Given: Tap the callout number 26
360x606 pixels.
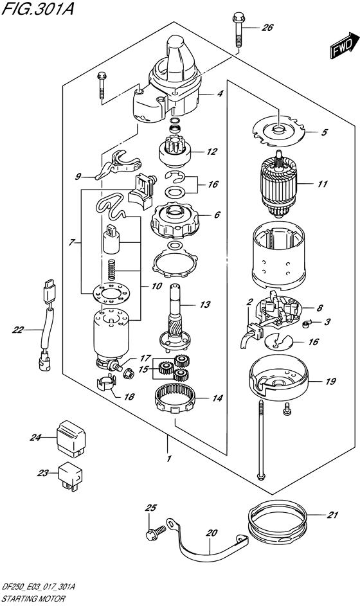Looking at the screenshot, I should (x=267, y=28).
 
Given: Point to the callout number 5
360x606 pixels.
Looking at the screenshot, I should (x=324, y=133).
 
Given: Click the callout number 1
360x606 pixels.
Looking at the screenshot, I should (x=168, y=459).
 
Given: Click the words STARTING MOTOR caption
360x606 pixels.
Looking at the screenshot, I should (x=32, y=598).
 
